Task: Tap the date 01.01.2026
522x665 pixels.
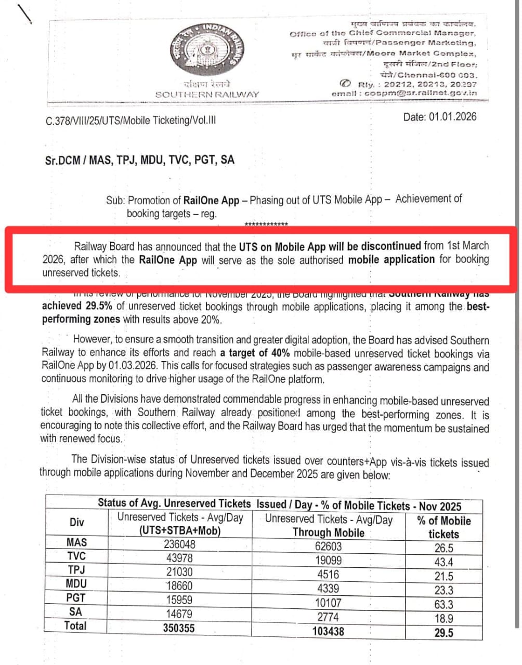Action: tap(439, 117)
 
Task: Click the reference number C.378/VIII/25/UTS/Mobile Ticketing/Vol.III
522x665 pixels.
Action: tap(130, 121)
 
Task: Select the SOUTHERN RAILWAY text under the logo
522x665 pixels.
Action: tap(207, 94)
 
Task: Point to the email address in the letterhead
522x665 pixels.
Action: tap(404, 93)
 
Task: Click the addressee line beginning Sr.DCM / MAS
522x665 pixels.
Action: tap(139, 160)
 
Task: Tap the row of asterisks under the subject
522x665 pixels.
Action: tap(266, 224)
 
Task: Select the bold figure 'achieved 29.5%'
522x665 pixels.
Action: tap(77, 306)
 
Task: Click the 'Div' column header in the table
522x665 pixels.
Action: tap(76, 522)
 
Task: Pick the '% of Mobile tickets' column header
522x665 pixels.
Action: tap(443, 527)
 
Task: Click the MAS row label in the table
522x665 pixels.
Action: tap(76, 542)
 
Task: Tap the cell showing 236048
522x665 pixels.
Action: tap(179, 544)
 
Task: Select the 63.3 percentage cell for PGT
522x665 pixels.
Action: tap(443, 604)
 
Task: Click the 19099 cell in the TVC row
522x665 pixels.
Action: tap(328, 560)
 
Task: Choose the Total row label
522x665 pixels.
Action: tap(75, 626)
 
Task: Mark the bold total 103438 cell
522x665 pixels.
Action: tap(328, 631)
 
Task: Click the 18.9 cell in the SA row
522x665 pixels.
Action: tap(443, 618)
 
